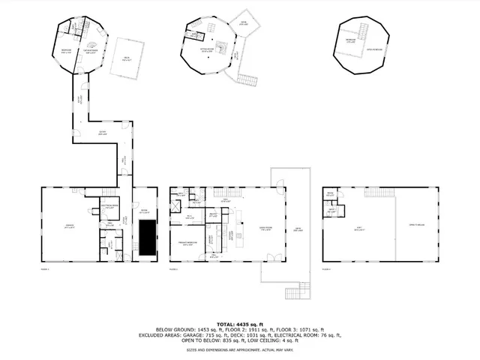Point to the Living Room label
tap(265, 229)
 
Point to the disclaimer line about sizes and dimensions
tap(239, 349)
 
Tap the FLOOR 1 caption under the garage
tap(44, 268)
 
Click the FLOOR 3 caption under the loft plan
tap(326, 268)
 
